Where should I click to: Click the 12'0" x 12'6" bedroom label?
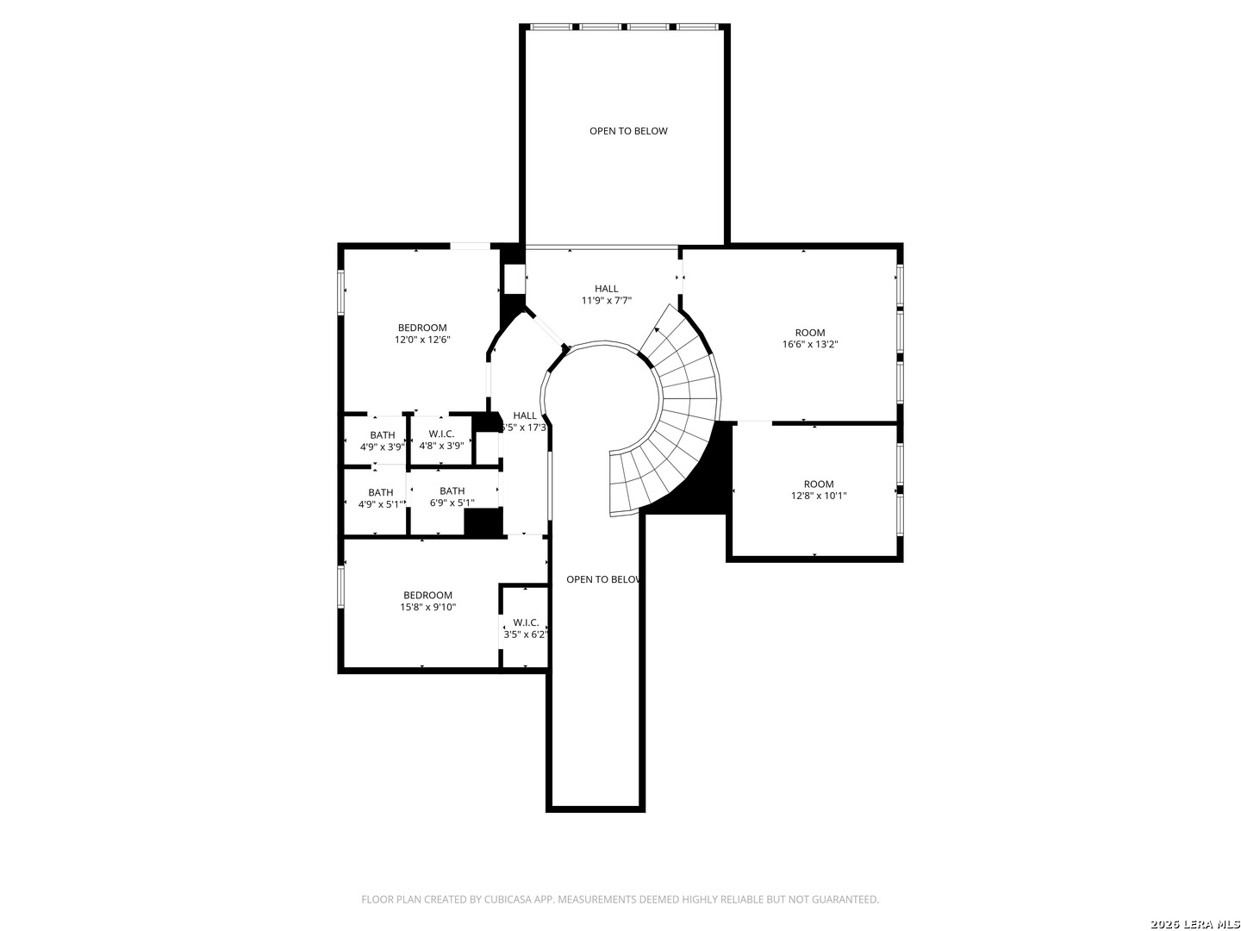click(422, 334)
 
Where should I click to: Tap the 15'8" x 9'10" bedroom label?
click(427, 601)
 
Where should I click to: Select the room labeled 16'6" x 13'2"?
click(809, 338)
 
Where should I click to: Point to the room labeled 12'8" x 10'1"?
click(819, 490)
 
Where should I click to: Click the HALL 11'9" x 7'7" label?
click(606, 295)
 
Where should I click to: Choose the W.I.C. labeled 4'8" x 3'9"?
click(441, 440)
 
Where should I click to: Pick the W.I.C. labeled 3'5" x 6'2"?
click(526, 628)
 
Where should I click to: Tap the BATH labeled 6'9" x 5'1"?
click(452, 497)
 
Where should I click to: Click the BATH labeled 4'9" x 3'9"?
click(382, 441)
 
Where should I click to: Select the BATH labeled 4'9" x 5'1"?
click(380, 498)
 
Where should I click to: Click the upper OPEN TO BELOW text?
click(628, 131)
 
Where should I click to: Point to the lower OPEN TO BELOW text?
click(602, 579)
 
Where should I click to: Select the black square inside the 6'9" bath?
click(483, 522)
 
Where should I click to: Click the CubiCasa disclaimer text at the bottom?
click(620, 899)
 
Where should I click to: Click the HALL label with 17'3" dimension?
click(524, 421)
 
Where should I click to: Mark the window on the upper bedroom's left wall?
click(341, 292)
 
